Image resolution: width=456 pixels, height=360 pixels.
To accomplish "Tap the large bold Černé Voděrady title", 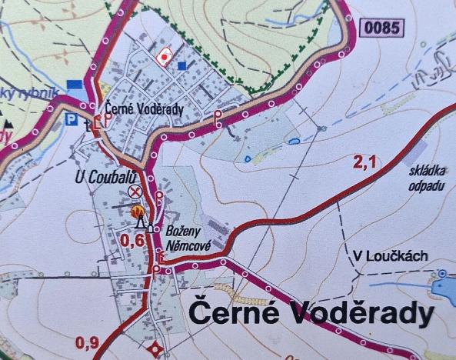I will (x=311, y=314).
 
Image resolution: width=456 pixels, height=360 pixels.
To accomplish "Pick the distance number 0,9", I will (x=88, y=343).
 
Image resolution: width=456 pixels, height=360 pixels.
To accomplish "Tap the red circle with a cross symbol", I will (x=137, y=191).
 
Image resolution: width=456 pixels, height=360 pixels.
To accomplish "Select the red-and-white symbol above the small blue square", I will (x=163, y=56).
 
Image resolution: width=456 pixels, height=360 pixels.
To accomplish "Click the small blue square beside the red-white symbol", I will (x=182, y=66).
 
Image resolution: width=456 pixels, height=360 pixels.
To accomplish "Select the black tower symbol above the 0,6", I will (x=141, y=223).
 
